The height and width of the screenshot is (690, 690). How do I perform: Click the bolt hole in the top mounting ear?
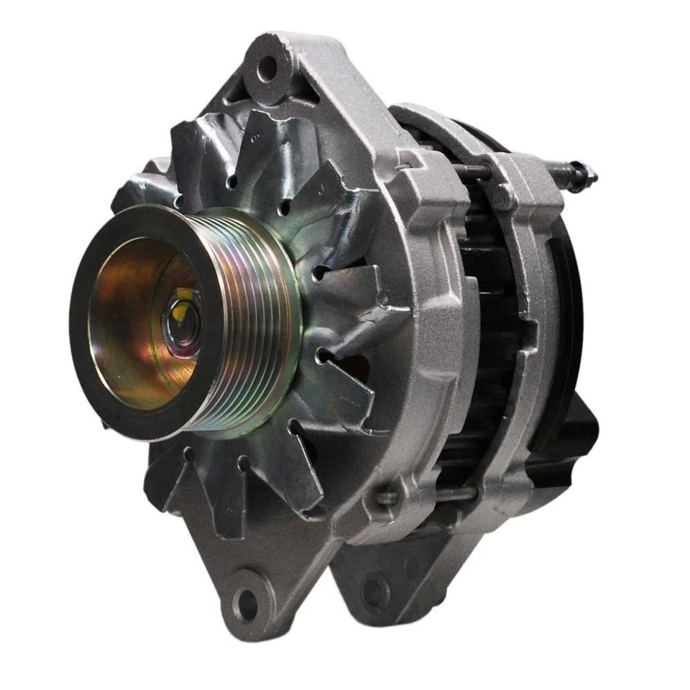(x=267, y=69)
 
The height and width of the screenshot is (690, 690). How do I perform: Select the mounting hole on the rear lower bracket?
(x=375, y=591)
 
